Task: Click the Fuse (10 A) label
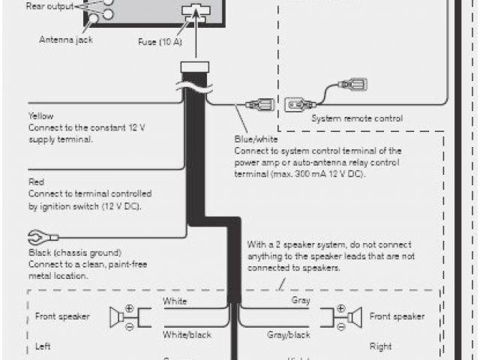tap(160, 41)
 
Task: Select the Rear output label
tap(49, 7)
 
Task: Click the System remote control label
tap(356, 118)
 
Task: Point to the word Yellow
tap(40, 116)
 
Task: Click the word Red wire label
tap(36, 181)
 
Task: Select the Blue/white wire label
tap(255, 139)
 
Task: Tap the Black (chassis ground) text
tap(74, 253)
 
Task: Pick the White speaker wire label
tap(175, 302)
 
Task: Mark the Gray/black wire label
tap(288, 334)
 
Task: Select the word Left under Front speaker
tap(42, 347)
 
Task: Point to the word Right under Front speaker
tap(379, 347)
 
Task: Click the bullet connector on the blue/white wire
tap(263, 103)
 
